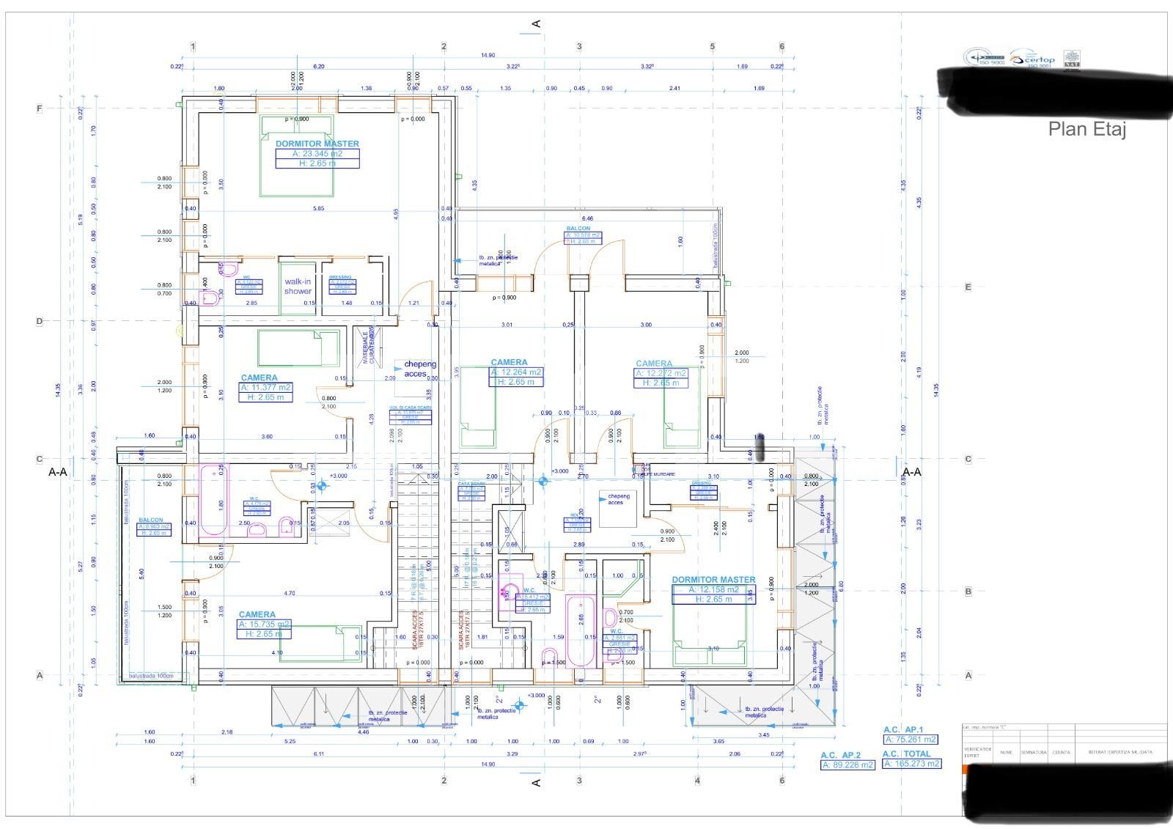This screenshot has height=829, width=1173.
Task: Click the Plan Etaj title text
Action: point(1086,130)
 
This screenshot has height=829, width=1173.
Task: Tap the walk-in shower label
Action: point(298,287)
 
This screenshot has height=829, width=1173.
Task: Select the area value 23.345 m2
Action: point(317,154)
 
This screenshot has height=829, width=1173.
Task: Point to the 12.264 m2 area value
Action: point(517,372)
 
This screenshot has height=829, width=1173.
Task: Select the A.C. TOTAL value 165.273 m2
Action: point(911,764)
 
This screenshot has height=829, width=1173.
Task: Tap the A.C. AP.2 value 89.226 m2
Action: point(847,765)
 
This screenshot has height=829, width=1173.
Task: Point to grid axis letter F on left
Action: point(40,108)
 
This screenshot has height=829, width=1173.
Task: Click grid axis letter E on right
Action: point(968,287)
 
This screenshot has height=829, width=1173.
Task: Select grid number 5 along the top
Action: point(712,47)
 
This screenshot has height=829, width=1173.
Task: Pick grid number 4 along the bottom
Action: point(697,781)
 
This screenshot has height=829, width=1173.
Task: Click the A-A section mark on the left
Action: point(57,472)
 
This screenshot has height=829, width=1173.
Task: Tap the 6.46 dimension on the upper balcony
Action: point(587,218)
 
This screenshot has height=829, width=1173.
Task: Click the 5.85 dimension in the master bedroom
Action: point(317,208)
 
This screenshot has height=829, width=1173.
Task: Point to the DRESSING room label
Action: point(340,277)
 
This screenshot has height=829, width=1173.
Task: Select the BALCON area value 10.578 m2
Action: point(583,235)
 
